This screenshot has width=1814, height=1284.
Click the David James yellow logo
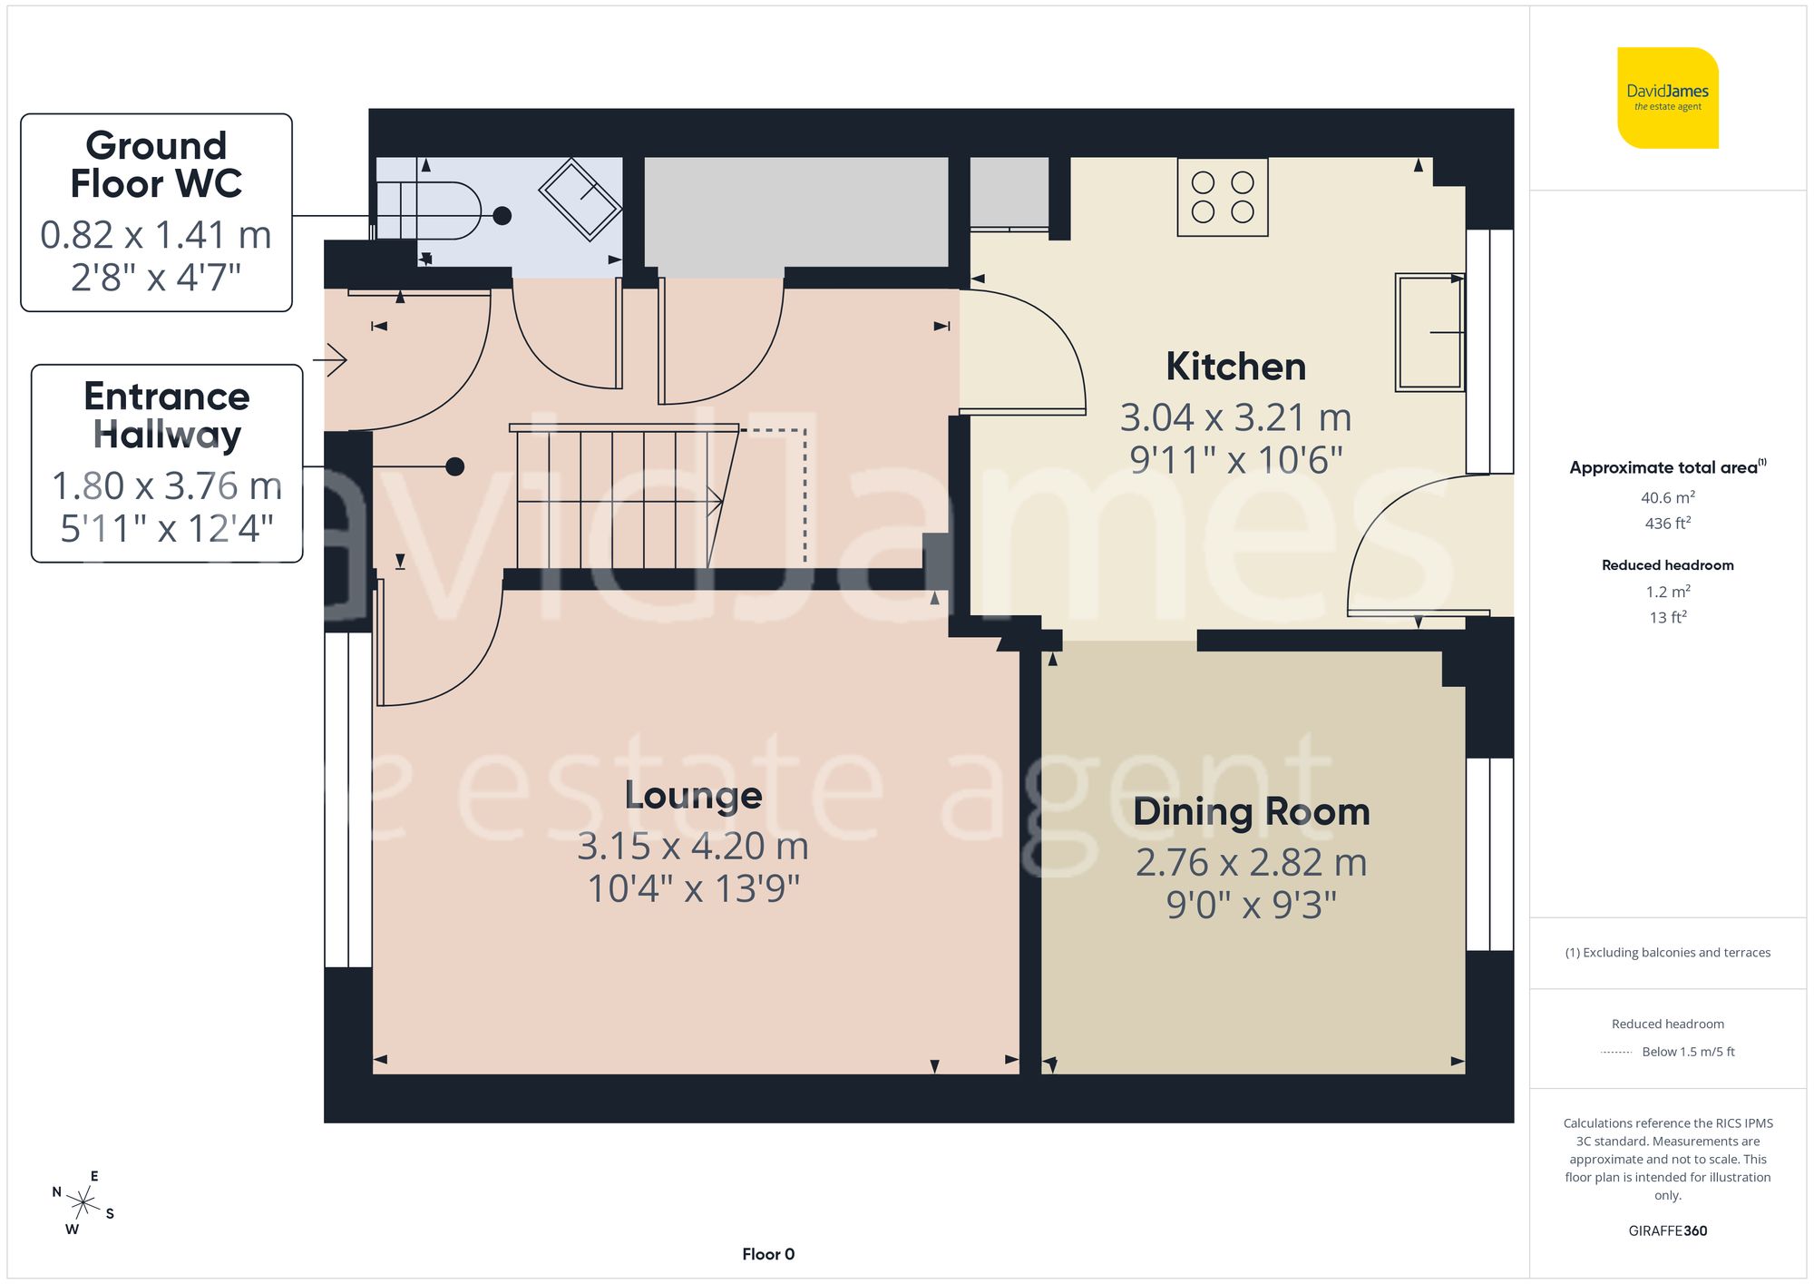pyautogui.click(x=1667, y=98)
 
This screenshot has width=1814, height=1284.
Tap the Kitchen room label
pyautogui.click(x=1235, y=367)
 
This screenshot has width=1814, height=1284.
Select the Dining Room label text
pyautogui.click(x=1251, y=811)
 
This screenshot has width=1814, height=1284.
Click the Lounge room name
pyautogui.click(x=693, y=795)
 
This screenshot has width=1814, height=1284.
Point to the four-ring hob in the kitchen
pyautogui.click(x=1222, y=197)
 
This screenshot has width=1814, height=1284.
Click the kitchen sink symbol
pyautogui.click(x=1429, y=332)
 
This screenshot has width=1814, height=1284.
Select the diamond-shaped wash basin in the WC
pyautogui.click(x=580, y=199)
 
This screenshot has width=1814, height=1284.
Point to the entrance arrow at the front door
pyautogui.click(x=331, y=360)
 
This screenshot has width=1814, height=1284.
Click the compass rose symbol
pyautogui.click(x=83, y=1203)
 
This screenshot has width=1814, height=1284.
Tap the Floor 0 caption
pyautogui.click(x=767, y=1254)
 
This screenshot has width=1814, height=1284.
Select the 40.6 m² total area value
pyautogui.click(x=1667, y=497)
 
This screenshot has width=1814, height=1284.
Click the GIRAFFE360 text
pyautogui.click(x=1667, y=1230)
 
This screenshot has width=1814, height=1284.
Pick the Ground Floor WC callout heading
pyautogui.click(x=156, y=164)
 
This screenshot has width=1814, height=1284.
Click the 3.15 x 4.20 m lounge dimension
pyautogui.click(x=693, y=846)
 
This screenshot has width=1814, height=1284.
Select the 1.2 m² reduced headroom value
pyautogui.click(x=1667, y=592)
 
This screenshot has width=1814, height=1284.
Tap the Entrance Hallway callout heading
pyautogui.click(x=167, y=415)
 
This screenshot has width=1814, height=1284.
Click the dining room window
pyautogui.click(x=1489, y=854)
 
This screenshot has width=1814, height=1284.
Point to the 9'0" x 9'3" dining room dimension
pyautogui.click(x=1251, y=905)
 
